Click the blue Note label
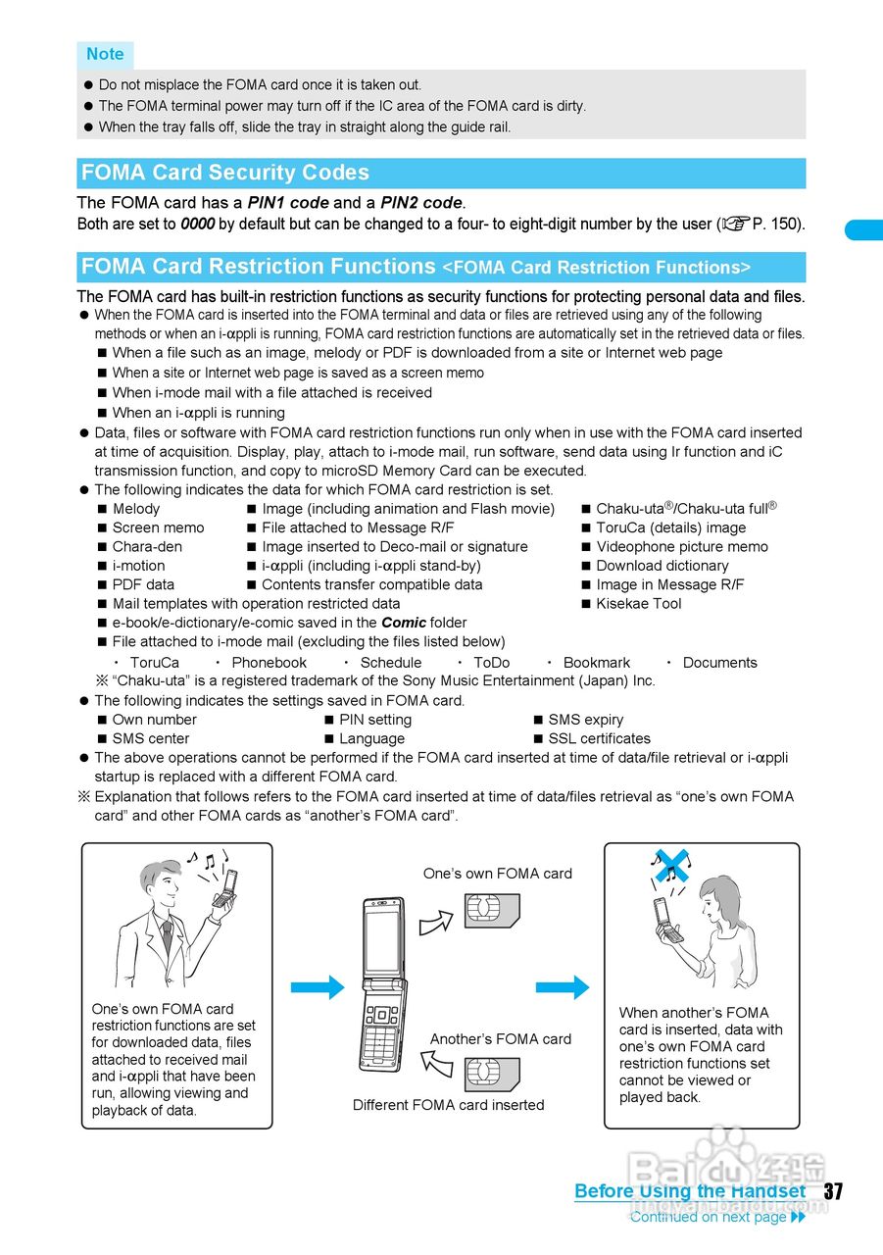point(105,54)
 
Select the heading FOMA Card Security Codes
point(225,174)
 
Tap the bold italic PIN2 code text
point(420,203)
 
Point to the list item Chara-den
point(147,547)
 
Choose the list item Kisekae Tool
point(638,604)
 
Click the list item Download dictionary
point(662,566)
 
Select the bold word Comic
point(404,623)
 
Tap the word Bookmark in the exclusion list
point(596,663)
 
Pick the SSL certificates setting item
point(599,738)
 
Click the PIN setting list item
point(375,720)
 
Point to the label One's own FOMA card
point(498,874)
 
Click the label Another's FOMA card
point(500,1039)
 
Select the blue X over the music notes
point(671,866)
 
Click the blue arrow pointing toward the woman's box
point(563,987)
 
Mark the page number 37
point(833,1192)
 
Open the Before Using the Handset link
point(690,1192)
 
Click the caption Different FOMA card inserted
point(448,1105)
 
